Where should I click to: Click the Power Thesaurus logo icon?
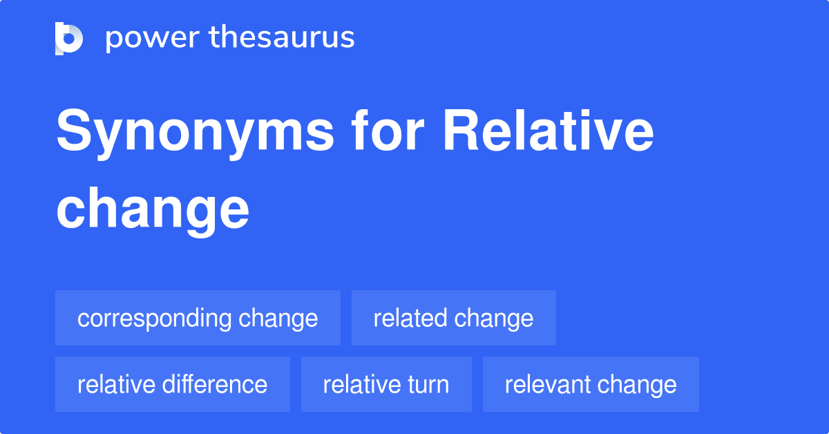(69, 38)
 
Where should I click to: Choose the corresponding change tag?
(198, 318)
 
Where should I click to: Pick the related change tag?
(453, 318)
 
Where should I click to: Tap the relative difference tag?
(172, 384)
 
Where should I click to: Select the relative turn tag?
(386, 384)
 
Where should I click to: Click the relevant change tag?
(591, 384)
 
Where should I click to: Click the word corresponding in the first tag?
(154, 318)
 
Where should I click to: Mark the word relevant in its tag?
(547, 384)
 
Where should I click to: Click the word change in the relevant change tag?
(636, 384)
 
